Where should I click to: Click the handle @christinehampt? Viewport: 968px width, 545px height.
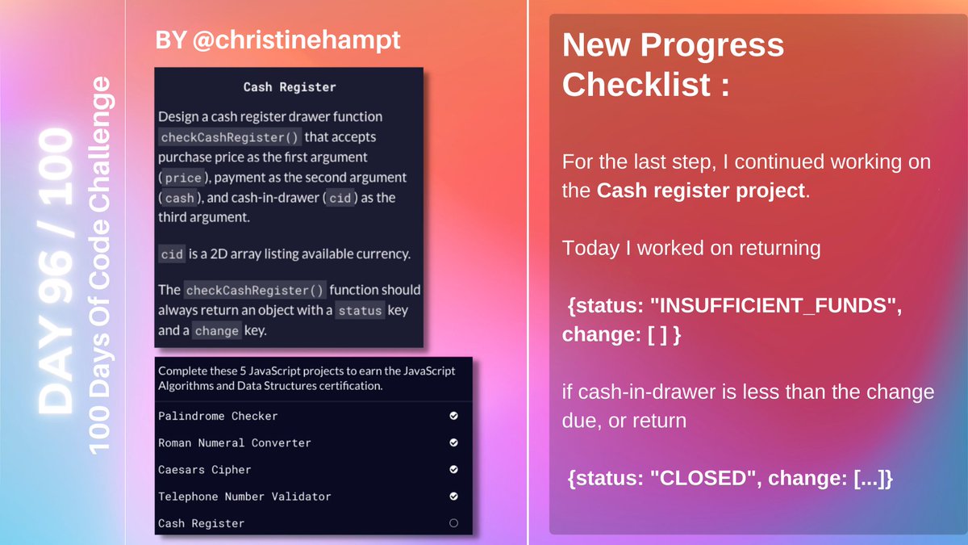[x=298, y=40]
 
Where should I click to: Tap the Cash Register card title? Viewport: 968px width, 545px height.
[x=290, y=86]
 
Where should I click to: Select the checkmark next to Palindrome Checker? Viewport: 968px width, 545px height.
[x=453, y=416]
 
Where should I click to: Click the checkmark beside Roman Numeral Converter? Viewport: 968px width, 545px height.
[x=453, y=442]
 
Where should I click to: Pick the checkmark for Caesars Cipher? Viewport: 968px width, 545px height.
[x=453, y=469]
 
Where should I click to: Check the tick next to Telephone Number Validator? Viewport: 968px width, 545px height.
[x=453, y=496]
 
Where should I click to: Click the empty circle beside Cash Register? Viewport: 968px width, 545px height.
[x=453, y=523]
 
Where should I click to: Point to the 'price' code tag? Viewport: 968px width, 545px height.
[x=182, y=178]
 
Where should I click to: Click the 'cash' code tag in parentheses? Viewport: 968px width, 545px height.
[x=179, y=198]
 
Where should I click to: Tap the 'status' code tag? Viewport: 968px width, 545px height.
[x=359, y=311]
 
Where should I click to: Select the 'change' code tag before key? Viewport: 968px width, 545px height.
[x=216, y=331]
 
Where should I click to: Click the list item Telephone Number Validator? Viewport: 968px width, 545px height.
[x=244, y=497]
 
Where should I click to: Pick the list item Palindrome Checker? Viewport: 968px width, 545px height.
[x=218, y=417]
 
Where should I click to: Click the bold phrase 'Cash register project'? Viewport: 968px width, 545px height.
[x=701, y=191]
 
